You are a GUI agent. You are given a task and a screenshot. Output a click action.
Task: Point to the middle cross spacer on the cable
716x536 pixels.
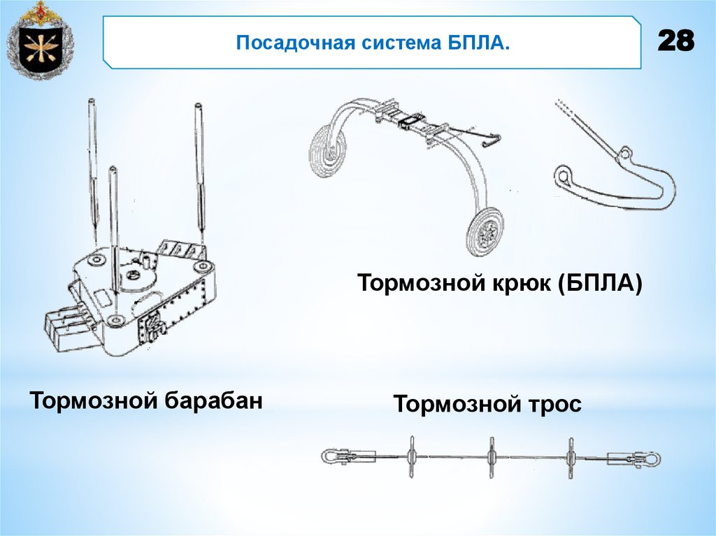click(491, 458)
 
